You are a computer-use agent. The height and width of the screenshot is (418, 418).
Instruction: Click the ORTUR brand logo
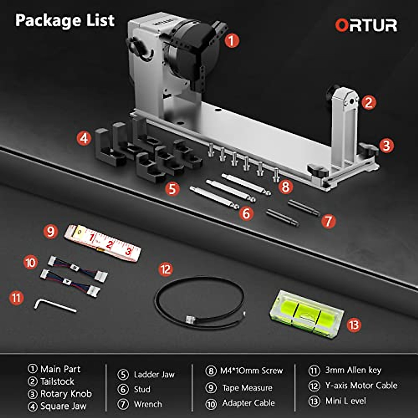coord(366,25)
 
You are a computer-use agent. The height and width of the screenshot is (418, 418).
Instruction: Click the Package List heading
coord(65,20)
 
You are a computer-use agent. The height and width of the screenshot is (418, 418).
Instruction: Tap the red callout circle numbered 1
coord(232,40)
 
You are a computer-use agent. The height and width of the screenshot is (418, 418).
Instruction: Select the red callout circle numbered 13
coord(354,325)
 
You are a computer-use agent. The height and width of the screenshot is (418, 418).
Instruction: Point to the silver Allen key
coord(55,306)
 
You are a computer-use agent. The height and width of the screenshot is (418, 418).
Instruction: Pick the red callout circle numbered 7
coord(328,221)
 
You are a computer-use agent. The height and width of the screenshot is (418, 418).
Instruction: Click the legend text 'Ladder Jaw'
coord(154,374)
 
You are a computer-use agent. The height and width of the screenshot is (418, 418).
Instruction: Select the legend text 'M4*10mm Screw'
coord(251,371)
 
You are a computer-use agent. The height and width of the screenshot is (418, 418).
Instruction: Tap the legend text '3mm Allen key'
coord(353,370)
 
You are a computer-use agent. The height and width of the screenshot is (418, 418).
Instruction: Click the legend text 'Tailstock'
coord(57,381)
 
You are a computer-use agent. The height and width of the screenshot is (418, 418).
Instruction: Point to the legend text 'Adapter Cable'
coord(248,403)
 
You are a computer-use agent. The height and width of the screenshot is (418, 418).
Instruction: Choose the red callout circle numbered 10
coord(31,262)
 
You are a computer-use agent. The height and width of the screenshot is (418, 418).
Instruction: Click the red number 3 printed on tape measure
coord(128,251)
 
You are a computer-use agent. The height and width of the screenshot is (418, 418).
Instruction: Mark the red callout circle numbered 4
coord(84,138)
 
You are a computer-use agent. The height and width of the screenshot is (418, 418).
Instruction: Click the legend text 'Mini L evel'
coord(346,401)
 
